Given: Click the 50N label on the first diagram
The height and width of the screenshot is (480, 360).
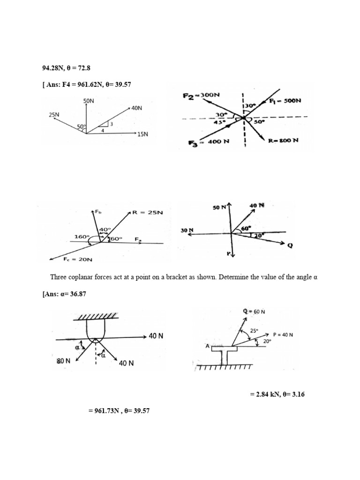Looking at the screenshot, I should [89, 101].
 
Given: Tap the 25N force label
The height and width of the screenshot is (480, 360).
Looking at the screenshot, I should [53, 114].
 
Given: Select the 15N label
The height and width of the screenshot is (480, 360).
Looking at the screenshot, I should [142, 134].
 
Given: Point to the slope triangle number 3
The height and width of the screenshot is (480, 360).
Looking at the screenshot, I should [112, 124].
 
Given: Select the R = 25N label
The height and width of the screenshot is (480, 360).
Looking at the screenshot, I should [147, 212].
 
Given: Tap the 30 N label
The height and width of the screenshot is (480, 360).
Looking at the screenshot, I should [187, 231].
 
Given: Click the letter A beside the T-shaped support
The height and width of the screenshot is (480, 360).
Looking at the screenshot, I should [207, 346].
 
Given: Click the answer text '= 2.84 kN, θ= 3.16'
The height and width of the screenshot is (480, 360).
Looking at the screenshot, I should [277, 395].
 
